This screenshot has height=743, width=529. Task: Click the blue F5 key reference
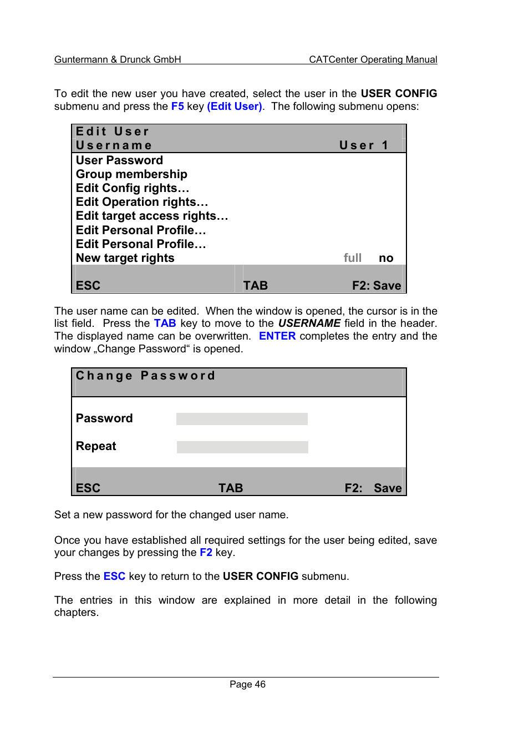pos(177,106)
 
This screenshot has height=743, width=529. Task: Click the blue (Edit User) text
pos(235,106)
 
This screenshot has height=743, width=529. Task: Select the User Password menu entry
pos(119,160)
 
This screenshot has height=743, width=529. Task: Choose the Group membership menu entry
pos(131,174)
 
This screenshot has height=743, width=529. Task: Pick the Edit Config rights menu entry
pos(133,188)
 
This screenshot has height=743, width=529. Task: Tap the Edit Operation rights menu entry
pos(142,202)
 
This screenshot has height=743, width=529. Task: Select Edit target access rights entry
pos(152,216)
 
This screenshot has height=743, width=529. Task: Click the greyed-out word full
pos(353,258)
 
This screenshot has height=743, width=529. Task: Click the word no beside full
pos(386,258)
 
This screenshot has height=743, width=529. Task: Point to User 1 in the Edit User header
pos(364,145)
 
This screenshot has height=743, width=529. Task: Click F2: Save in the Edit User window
pos(377,285)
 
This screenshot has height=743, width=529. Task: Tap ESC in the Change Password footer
pos(88,488)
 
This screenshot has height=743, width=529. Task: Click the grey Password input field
pos(242,419)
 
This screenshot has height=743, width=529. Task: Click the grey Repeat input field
pos(242,447)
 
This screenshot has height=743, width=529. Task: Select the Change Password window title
pos(145,376)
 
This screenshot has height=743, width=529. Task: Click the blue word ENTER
pos(277,336)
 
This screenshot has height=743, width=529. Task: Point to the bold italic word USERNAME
pos(309,323)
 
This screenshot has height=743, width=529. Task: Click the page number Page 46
pos(247,684)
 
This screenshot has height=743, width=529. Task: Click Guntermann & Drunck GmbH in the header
pos(118,59)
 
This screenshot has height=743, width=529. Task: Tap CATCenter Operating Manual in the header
pos(373,59)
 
